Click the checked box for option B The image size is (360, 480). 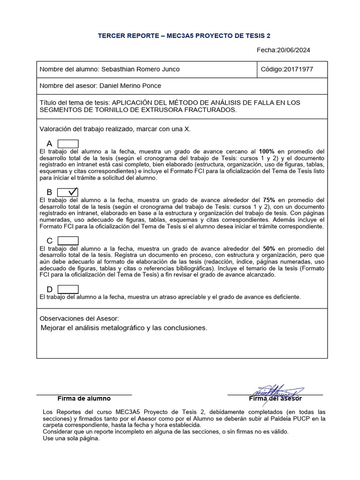pos(68,192)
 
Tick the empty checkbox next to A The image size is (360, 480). pos(68,143)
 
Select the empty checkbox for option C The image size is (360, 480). pos(68,241)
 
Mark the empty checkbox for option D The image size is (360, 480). pos(68,289)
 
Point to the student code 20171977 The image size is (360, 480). pos(299,69)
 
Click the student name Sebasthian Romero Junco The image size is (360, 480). pos(140,69)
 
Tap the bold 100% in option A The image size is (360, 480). pos(267,151)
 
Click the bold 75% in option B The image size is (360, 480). pos(269,200)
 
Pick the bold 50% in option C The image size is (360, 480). pos(269,248)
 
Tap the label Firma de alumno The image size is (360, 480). pos(84,398)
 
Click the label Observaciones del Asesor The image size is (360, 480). pos(79,318)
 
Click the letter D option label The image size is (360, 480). pos(50,290)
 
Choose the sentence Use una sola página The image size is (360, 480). pos(71,438)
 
